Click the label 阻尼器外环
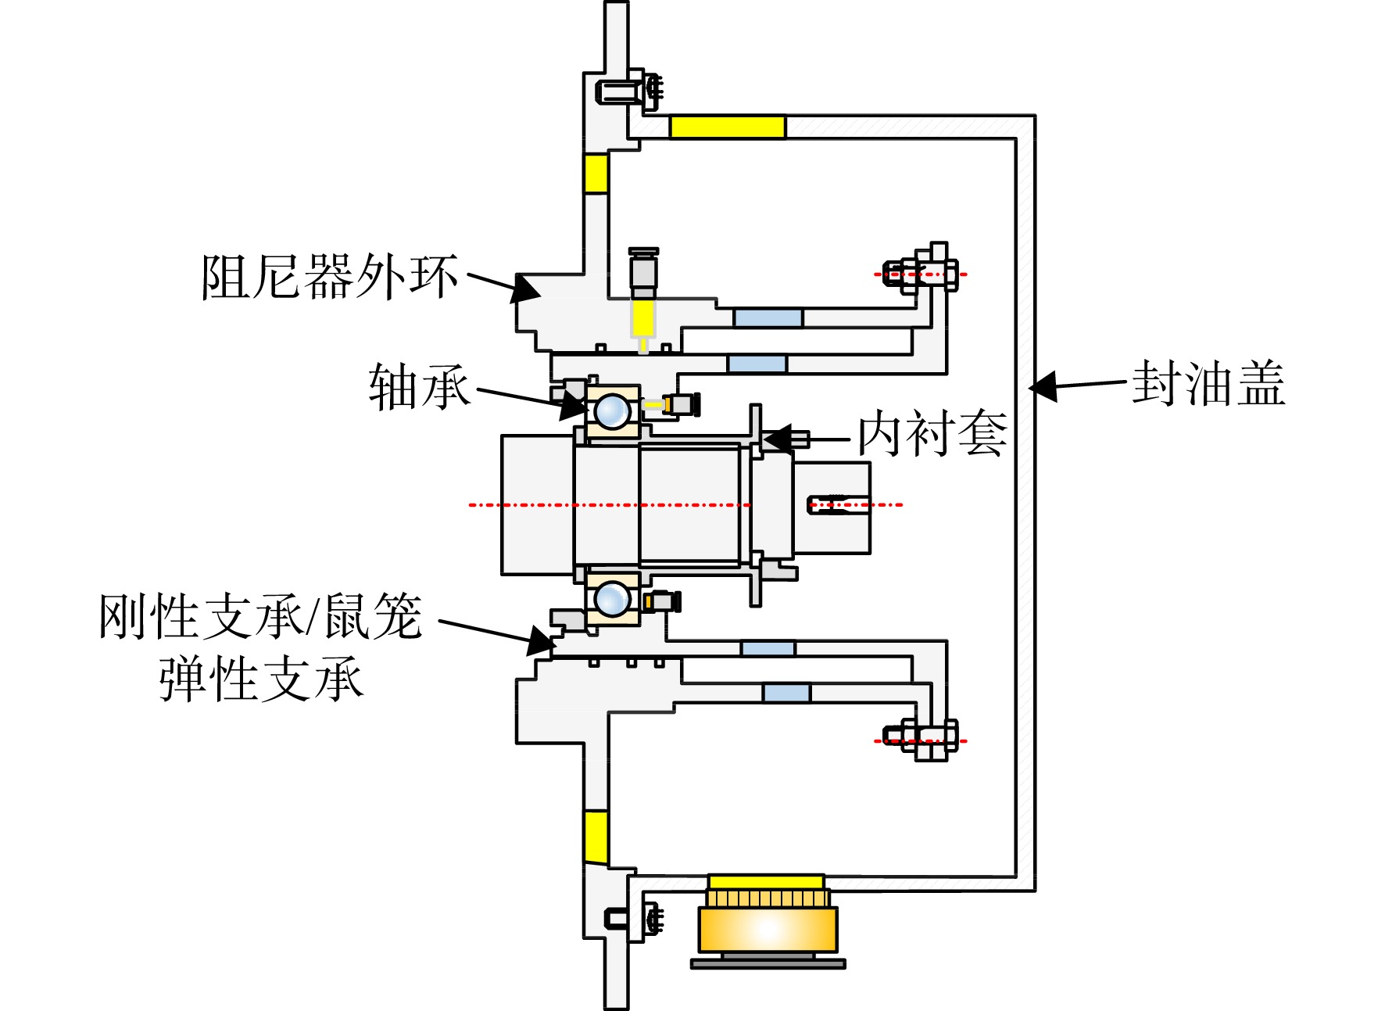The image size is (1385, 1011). [x=329, y=276]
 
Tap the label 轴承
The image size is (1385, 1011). [x=420, y=386]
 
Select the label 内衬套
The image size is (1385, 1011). [x=932, y=433]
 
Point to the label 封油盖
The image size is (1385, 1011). [x=1208, y=382]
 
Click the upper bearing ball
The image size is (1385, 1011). [x=612, y=410]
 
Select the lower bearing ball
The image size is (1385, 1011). [x=612, y=599]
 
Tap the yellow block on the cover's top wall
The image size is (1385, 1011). [x=728, y=127]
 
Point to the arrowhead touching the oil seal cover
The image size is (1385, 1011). [x=1043, y=386]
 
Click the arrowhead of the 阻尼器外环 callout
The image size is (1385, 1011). [x=526, y=289]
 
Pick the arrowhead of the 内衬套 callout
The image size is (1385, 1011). [x=777, y=439]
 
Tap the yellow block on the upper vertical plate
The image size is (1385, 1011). [x=596, y=173]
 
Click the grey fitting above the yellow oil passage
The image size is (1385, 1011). [x=643, y=270]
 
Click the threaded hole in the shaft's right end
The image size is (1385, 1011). [x=836, y=504]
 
